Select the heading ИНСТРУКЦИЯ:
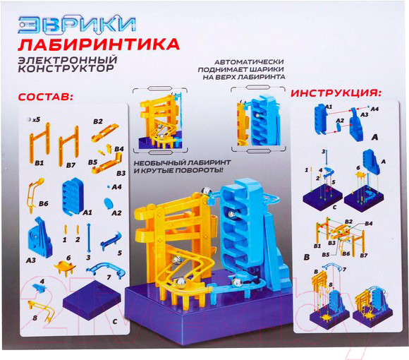tap(336, 93)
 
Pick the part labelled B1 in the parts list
tap(41, 141)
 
